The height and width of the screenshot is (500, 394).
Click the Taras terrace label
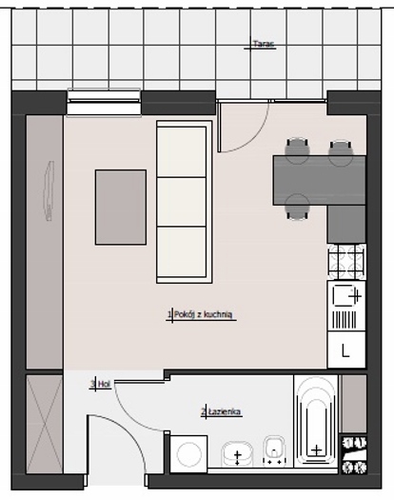click(264, 44)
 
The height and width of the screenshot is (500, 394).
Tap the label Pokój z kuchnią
click(203, 314)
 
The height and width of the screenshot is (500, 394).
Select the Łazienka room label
click(225, 411)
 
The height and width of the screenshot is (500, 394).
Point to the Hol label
click(104, 384)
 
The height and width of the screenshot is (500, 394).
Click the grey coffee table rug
click(121, 208)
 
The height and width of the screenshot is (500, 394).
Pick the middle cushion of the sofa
click(182, 202)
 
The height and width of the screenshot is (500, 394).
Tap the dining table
click(319, 180)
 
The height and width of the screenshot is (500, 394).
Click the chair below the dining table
click(298, 208)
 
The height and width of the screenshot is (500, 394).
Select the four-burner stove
click(346, 263)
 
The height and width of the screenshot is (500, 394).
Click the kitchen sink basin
click(345, 295)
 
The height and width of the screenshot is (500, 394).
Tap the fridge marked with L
click(346, 350)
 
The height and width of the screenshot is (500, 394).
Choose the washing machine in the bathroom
click(188, 453)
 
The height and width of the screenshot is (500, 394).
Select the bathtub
click(316, 421)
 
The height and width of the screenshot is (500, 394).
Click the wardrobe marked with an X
click(45, 424)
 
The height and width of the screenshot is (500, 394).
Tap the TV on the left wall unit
click(49, 190)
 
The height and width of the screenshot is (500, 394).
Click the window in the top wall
click(104, 102)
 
